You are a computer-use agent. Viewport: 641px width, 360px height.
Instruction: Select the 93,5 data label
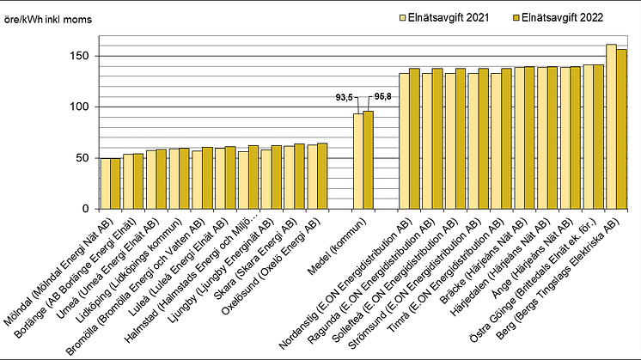tap(345, 98)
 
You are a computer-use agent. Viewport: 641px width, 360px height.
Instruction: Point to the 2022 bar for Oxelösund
tap(322, 176)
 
